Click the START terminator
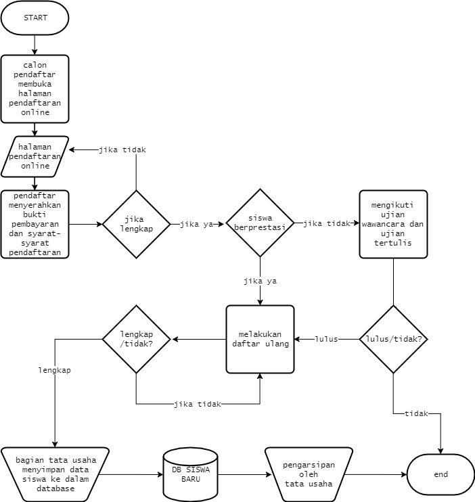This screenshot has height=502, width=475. pyautogui.click(x=35, y=19)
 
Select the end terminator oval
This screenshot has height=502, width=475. pyautogui.click(x=440, y=474)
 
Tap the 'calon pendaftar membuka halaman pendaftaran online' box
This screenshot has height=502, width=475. pyautogui.click(x=35, y=89)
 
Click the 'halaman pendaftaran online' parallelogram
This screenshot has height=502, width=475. pyautogui.click(x=35, y=156)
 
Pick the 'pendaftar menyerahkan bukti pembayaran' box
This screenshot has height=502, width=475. pyautogui.click(x=35, y=224)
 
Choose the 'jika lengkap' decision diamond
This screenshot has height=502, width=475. pyautogui.click(x=137, y=224)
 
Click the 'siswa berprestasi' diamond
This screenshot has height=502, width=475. pyautogui.click(x=260, y=224)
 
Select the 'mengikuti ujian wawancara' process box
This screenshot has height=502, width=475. pyautogui.click(x=393, y=224)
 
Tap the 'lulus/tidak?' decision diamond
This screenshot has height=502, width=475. pyautogui.click(x=393, y=338)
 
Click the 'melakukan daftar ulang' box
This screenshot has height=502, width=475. pyautogui.click(x=260, y=338)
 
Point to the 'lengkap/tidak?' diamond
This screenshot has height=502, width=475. pyautogui.click(x=137, y=338)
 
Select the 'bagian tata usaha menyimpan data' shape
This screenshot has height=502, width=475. pyautogui.click(x=54, y=474)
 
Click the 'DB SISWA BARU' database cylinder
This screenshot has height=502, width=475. pyautogui.click(x=190, y=474)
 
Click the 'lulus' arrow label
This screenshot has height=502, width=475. pyautogui.click(x=326, y=338)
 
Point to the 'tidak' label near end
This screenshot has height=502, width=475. pyautogui.click(x=415, y=413)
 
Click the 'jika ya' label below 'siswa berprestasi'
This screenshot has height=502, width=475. pyautogui.click(x=260, y=280)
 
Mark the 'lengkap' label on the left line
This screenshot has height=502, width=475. pyautogui.click(x=55, y=371)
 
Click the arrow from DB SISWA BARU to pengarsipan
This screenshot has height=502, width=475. pyautogui.click(x=240, y=474)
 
